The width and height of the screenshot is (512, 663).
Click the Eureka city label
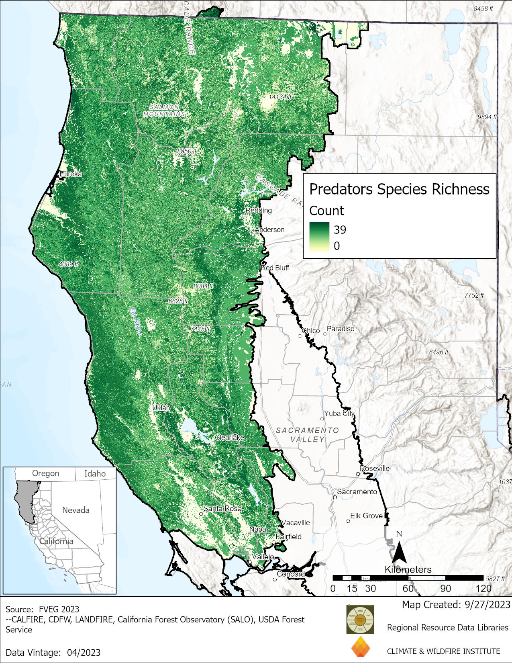(70, 174)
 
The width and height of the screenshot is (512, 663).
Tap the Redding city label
(259, 210)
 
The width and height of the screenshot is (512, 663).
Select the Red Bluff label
(275, 268)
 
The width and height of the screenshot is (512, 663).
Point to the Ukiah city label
(161, 408)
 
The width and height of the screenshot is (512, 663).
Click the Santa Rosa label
(222, 508)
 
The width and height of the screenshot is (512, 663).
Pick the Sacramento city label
(357, 492)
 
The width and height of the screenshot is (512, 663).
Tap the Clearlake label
(229, 438)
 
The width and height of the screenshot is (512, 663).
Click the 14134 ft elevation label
(280, 97)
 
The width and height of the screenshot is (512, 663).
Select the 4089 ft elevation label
(68, 264)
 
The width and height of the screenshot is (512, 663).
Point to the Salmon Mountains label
(164, 110)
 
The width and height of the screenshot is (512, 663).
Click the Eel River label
(136, 321)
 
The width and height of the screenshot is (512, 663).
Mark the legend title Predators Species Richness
(399, 189)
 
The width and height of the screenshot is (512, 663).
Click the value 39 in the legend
(340, 230)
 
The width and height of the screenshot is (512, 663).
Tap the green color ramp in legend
(319, 237)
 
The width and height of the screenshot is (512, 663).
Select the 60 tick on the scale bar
(408, 589)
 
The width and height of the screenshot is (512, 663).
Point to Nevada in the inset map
(75, 510)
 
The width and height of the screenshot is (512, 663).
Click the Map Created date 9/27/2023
(456, 605)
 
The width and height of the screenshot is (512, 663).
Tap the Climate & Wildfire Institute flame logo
(360, 647)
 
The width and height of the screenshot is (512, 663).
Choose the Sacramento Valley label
(307, 435)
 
